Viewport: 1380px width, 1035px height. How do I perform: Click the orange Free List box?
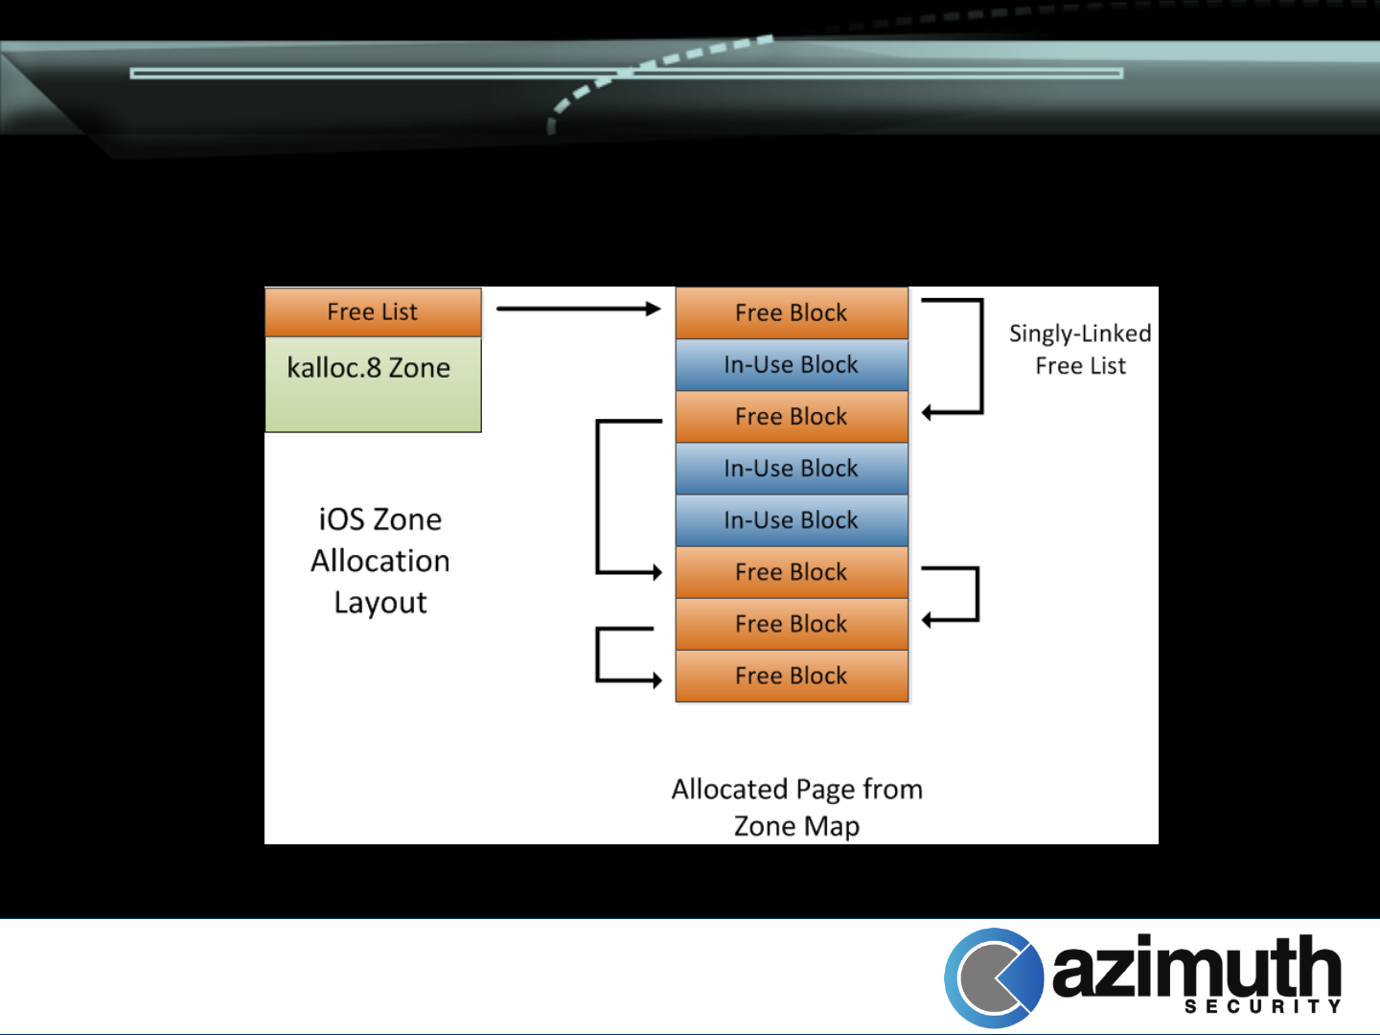click(x=373, y=312)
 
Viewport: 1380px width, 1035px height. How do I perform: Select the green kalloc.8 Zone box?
click(x=373, y=384)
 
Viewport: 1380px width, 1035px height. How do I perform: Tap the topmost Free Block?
click(x=792, y=313)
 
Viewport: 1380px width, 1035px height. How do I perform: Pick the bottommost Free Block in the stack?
click(x=792, y=677)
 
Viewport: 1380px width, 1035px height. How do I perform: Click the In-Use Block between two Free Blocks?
click(x=792, y=365)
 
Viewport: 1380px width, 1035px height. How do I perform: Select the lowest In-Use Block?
click(x=792, y=520)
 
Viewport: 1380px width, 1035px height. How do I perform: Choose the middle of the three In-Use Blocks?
click(x=792, y=469)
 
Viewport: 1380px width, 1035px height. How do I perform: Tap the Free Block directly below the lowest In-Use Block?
click(x=792, y=572)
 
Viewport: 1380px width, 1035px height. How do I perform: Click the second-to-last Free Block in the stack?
click(x=792, y=624)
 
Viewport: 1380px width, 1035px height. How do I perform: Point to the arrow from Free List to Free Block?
click(x=578, y=309)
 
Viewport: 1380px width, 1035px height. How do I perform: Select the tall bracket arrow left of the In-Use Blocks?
click(x=599, y=496)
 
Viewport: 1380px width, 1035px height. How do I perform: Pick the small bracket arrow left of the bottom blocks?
click(x=599, y=655)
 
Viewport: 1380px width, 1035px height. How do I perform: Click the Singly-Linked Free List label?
click(x=1080, y=350)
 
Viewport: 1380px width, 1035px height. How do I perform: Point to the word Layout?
click(x=380, y=603)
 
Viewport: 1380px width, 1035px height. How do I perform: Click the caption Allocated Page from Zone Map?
click(x=796, y=807)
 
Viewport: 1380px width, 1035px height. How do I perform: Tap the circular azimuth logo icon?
click(x=994, y=978)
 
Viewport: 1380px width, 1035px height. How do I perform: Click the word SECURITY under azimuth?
click(x=1262, y=1006)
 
